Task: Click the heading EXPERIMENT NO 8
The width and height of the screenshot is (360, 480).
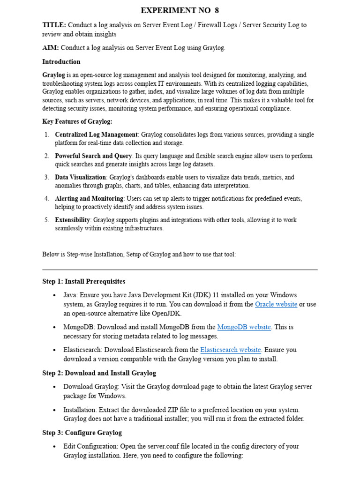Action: click(180, 10)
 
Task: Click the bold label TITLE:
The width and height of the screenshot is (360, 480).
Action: click(54, 25)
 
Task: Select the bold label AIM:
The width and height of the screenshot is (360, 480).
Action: click(51, 48)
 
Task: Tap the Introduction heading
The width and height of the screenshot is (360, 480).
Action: click(61, 61)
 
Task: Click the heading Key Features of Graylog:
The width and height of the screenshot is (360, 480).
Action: click(77, 121)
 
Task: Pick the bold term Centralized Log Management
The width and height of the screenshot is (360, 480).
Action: click(96, 135)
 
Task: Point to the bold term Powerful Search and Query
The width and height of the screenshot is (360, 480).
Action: click(94, 156)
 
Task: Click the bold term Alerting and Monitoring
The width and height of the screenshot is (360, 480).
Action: click(89, 198)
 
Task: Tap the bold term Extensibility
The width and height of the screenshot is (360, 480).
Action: click(72, 220)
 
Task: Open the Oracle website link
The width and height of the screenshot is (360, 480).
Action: click(276, 304)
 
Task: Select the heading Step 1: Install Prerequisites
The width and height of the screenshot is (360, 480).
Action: click(83, 281)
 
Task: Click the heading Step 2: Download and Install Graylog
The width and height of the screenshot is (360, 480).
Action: click(99, 373)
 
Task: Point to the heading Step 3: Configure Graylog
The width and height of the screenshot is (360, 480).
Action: click(82, 433)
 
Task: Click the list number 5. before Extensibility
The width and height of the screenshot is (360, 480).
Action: click(47, 220)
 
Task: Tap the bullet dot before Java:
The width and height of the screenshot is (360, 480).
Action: click(55, 295)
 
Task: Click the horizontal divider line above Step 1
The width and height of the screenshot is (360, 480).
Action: click(180, 270)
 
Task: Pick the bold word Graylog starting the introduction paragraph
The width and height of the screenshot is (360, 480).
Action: click(53, 75)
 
